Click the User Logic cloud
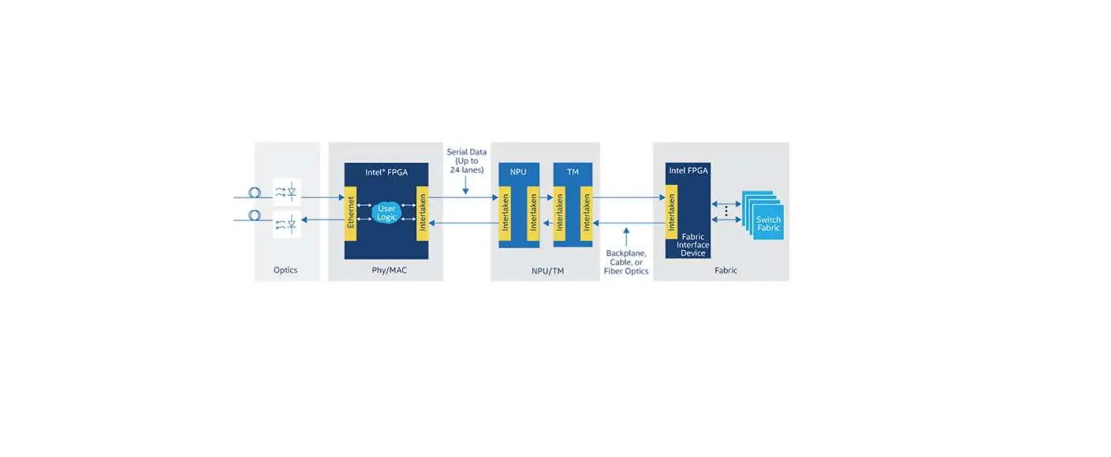point(386,212)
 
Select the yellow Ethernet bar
point(351,214)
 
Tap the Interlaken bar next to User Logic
point(422,214)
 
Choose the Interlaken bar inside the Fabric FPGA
point(672,212)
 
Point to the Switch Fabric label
point(768,223)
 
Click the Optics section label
point(285,270)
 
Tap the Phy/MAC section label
point(388,270)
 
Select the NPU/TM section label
point(547,271)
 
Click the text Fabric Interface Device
point(693,245)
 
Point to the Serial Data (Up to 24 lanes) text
point(466,160)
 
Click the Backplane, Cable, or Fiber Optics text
point(626,262)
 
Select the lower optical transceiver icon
point(286,225)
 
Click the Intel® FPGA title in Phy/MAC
point(386,171)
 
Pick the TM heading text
point(572,170)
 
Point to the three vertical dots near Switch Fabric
point(725,211)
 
